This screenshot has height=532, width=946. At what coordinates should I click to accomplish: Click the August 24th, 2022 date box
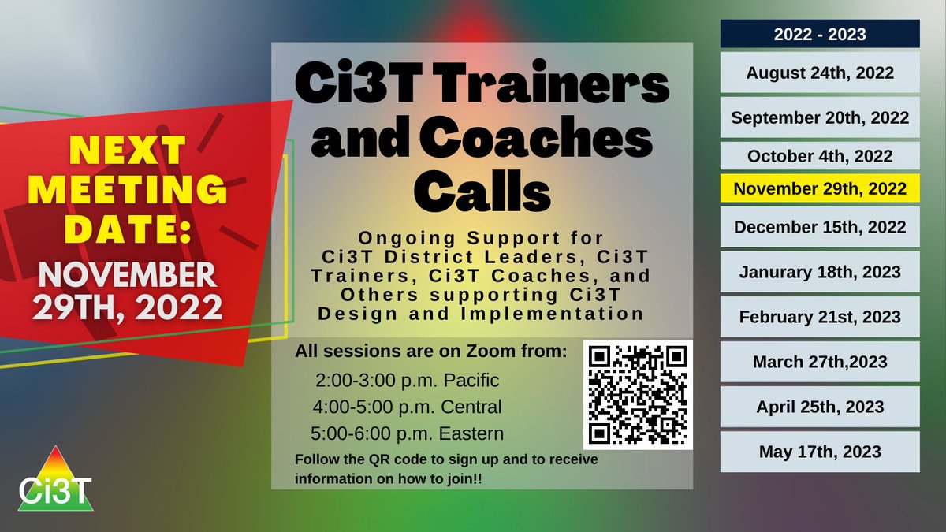coord(820,73)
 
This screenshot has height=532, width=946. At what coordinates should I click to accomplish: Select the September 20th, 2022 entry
coord(820,117)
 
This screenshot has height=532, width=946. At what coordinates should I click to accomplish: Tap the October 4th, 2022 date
coord(820,155)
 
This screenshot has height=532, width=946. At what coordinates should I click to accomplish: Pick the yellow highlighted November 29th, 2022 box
coord(820,189)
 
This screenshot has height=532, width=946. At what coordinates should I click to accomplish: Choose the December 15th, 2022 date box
coord(820,227)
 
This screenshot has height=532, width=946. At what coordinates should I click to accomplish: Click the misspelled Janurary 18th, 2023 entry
coord(820,272)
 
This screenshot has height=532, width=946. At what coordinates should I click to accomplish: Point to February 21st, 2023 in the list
coord(820,317)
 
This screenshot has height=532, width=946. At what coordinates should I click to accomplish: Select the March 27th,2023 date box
coord(820,362)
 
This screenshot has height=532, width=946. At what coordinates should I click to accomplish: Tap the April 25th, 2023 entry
coord(820,407)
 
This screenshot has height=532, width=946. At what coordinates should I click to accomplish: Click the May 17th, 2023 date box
coord(820,452)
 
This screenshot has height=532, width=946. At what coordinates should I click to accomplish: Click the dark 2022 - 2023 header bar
coord(820,34)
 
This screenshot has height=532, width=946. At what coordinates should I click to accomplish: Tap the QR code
coord(638,395)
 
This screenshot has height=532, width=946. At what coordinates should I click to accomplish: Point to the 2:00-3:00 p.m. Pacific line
coord(407,381)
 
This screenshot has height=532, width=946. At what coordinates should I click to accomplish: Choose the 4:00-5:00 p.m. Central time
coord(407,407)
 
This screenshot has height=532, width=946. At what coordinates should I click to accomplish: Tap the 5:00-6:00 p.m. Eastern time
coord(407,433)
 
